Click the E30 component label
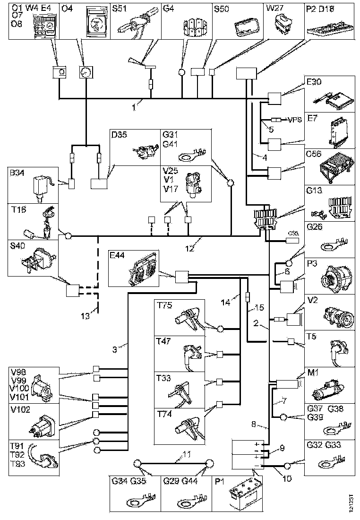(314, 82)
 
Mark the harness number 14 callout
(226, 301)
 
